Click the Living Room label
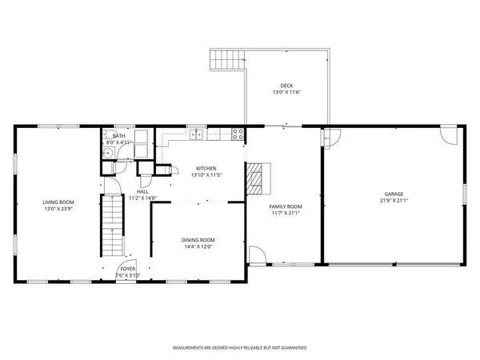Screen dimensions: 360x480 tap(58, 202)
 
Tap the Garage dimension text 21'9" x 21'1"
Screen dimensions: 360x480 tap(393, 200)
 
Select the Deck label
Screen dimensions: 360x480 tap(286, 86)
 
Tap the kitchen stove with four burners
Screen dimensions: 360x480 tap(238, 134)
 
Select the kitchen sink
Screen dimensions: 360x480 tap(196, 134)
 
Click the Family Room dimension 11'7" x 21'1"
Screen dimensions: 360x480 tap(285, 214)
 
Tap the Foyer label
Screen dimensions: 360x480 tap(127, 269)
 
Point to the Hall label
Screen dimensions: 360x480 tap(142, 191)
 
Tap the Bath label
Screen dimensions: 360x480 tap(118, 136)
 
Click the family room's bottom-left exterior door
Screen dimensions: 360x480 tap(258, 255)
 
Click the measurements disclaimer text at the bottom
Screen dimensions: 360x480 tap(240, 348)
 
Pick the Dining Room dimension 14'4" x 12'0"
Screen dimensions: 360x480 tap(198, 247)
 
